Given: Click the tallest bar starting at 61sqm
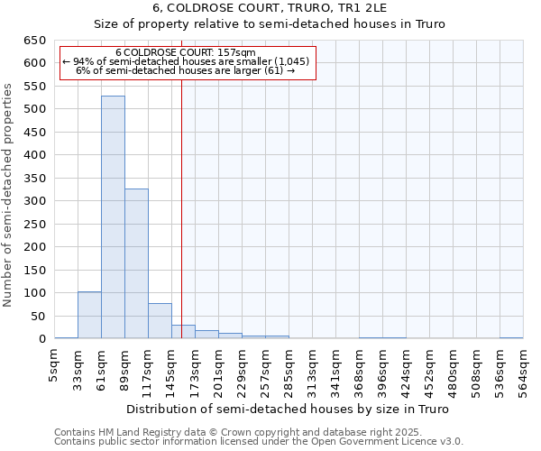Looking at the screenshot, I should click(113, 216).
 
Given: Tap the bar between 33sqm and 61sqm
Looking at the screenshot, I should click(89, 315).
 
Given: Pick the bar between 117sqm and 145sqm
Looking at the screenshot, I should click(160, 320).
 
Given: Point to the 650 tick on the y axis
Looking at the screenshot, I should click(34, 41).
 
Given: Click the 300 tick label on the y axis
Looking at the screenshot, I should click(34, 201).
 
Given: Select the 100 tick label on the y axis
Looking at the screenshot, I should click(34, 293).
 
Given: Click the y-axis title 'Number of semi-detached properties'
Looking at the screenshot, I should click(9, 195).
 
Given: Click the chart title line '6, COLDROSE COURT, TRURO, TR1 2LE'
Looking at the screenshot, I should click(270, 8).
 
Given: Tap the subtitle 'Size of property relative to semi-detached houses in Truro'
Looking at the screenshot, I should click(270, 24).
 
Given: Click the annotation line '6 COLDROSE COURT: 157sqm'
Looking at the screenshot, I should click(186, 52).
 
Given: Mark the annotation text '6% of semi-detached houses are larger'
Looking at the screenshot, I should click(186, 70).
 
